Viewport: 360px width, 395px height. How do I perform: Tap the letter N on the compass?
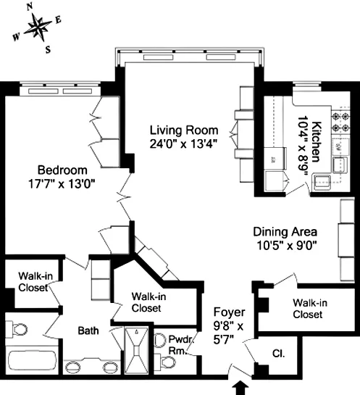(x=30, y=6)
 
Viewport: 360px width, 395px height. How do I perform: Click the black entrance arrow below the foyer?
(x=239, y=387)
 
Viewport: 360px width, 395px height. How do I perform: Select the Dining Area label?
(x=284, y=232)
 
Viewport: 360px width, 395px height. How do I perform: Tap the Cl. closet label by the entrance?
(x=278, y=355)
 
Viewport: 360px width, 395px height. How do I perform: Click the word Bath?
(x=88, y=330)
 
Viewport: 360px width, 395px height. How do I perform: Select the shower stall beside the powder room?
(x=135, y=350)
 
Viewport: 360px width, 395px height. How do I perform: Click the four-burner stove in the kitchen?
(x=338, y=124)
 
